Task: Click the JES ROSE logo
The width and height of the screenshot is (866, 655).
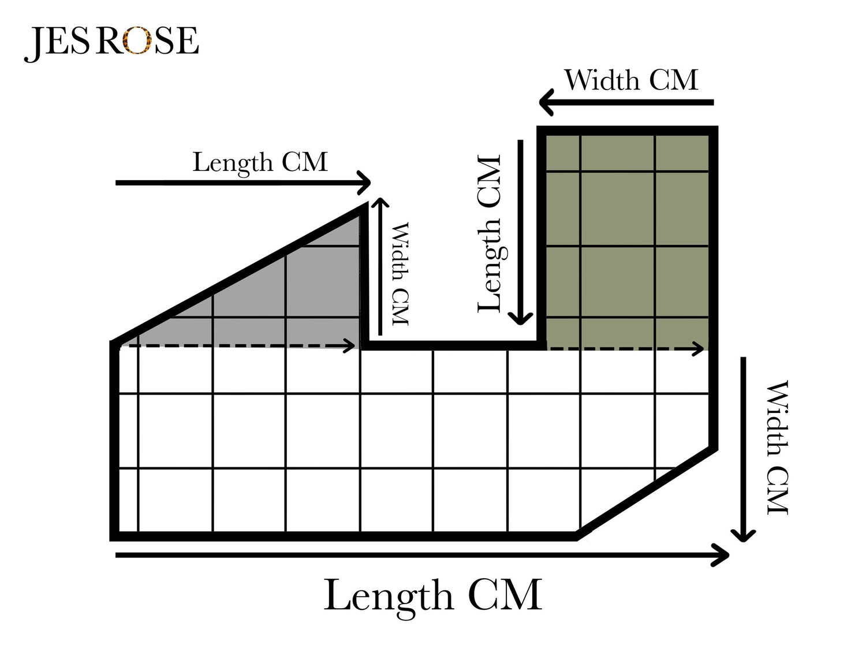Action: click(111, 41)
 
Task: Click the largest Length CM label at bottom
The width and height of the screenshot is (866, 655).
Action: click(433, 595)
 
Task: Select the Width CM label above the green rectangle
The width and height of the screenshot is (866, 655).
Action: click(631, 80)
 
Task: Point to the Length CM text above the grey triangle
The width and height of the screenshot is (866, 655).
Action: click(260, 162)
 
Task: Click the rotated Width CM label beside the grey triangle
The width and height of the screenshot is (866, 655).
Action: click(400, 274)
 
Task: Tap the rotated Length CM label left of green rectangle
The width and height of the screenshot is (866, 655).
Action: click(490, 234)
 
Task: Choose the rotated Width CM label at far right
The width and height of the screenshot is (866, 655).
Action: click(777, 447)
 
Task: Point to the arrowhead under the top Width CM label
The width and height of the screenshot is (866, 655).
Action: click(544, 103)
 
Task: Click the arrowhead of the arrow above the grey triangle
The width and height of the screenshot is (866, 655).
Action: click(366, 183)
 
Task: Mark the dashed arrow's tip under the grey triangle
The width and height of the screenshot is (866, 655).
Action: click(352, 346)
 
